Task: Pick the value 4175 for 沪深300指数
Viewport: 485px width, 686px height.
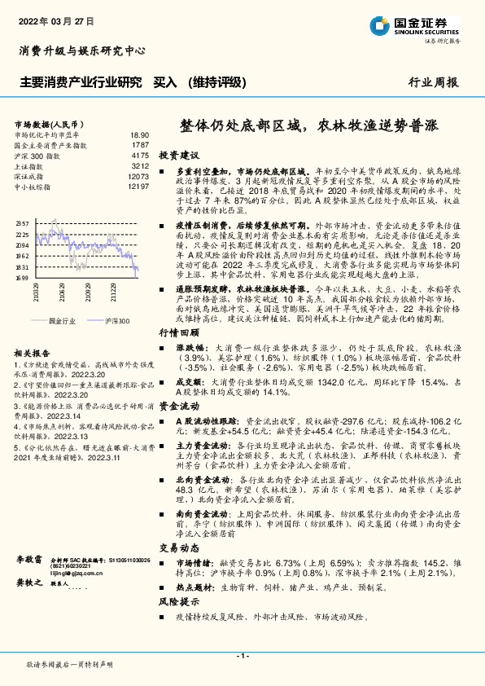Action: (140, 155)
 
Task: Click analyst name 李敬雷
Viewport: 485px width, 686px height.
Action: (28, 561)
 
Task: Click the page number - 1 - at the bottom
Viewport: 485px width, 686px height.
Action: (242, 656)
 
